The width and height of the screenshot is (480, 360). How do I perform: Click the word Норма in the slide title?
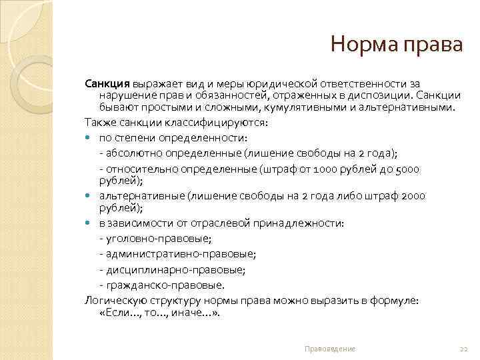point(365,46)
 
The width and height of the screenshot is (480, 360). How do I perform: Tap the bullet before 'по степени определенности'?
point(89,138)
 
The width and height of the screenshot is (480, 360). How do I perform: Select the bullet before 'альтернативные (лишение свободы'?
point(89,196)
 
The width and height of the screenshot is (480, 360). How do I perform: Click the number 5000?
point(407,169)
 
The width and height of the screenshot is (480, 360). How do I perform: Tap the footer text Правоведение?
point(329,349)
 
